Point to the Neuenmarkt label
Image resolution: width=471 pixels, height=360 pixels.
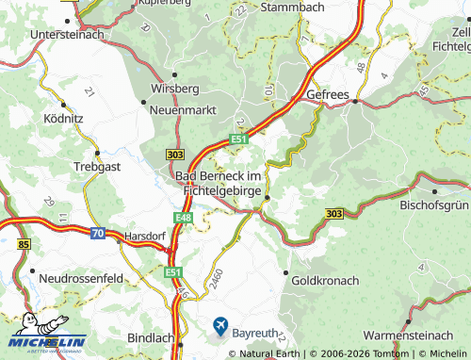click(183, 109)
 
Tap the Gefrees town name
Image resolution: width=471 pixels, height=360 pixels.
click(329, 94)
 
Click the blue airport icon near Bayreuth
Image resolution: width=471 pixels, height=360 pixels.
click(220, 326)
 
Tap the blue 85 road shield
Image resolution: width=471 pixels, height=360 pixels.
click(23, 245)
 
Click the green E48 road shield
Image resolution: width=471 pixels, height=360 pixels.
click(184, 218)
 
